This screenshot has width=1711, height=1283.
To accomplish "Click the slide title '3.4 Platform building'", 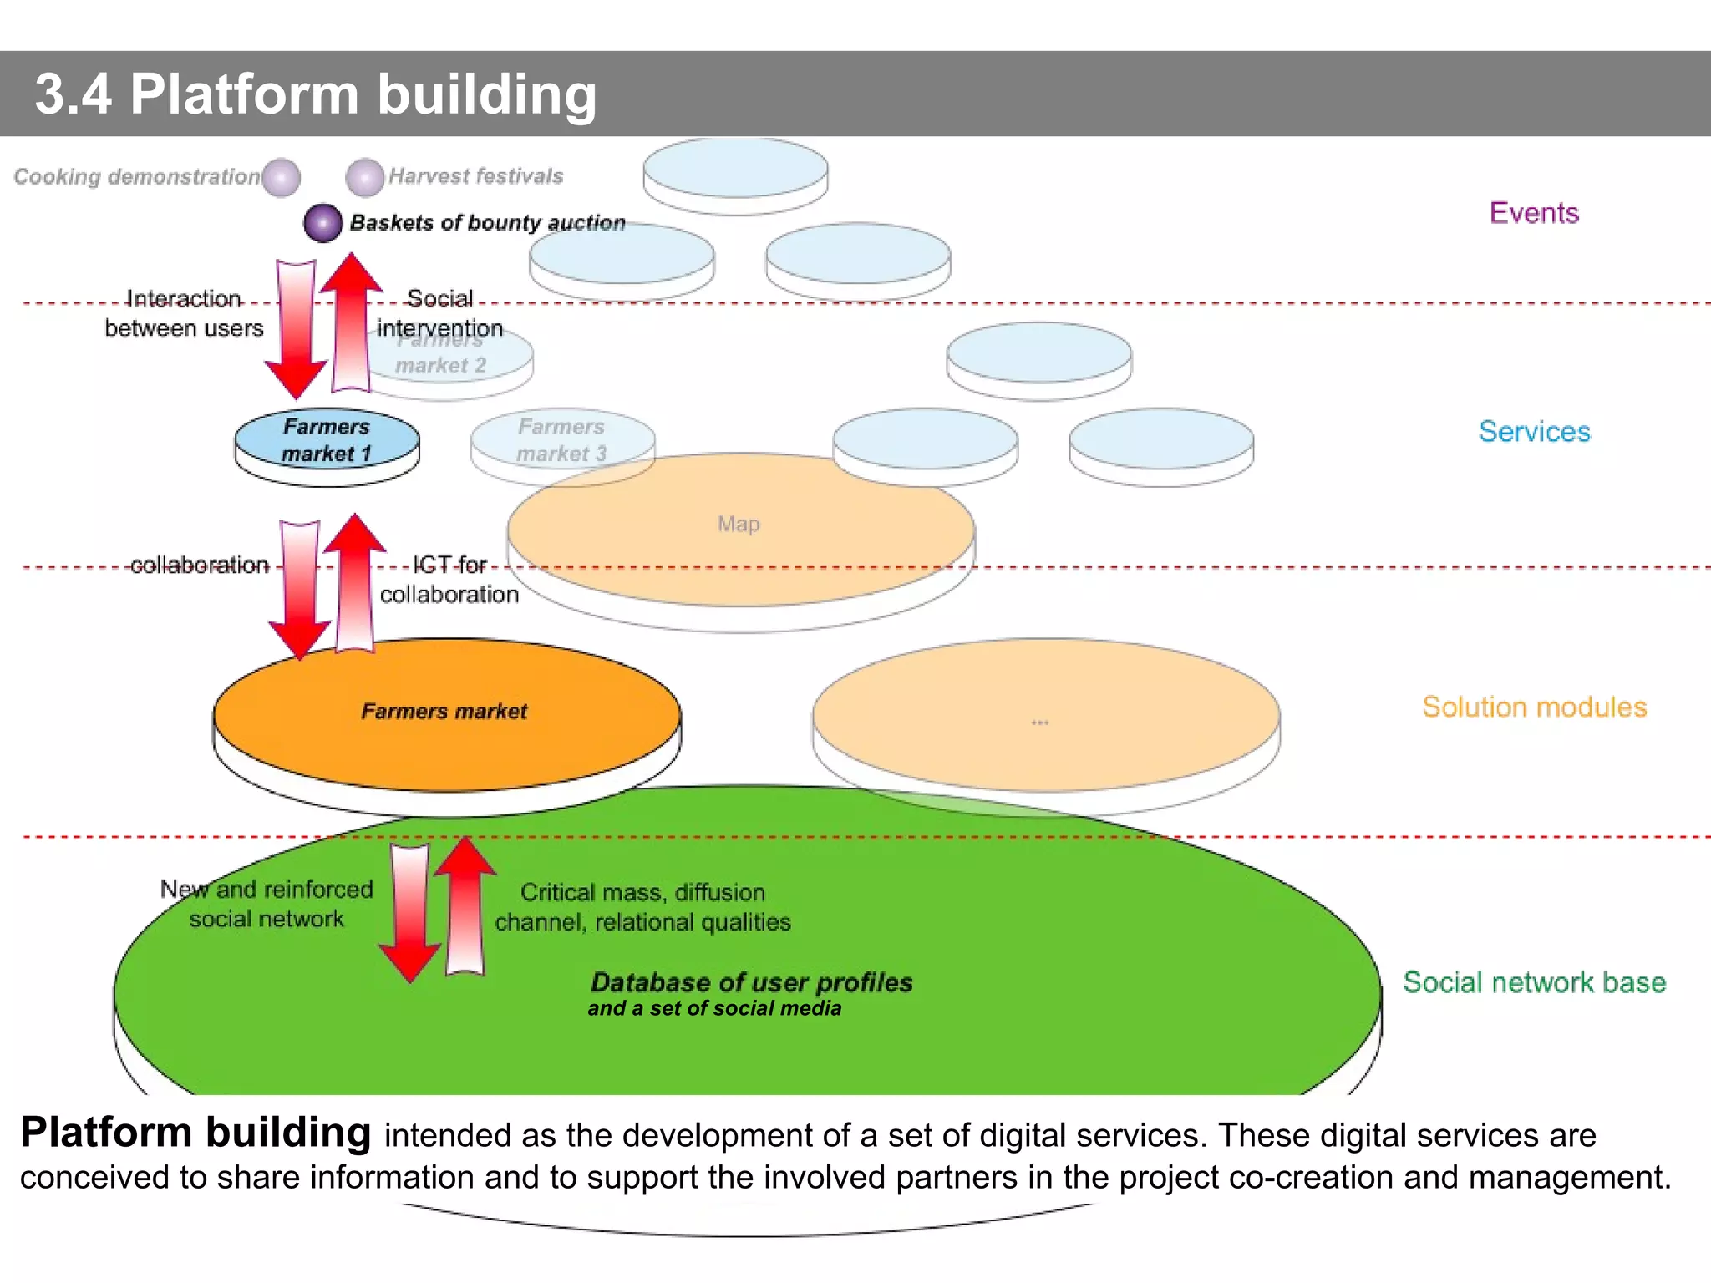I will [x=316, y=94].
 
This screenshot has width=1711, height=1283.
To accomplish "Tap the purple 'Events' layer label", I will [x=1534, y=213].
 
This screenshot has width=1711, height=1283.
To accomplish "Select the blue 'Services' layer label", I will [x=1534, y=432].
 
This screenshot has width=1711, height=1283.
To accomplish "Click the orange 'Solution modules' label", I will [x=1534, y=707].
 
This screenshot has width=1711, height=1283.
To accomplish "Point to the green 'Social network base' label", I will [x=1534, y=982].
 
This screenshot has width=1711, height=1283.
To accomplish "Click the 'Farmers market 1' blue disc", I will [x=327, y=441].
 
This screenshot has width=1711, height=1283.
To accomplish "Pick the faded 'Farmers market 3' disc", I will [x=561, y=441].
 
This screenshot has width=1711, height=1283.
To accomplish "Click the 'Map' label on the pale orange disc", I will [x=739, y=525].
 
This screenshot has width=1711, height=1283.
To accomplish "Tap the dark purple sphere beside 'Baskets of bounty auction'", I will [x=323, y=223].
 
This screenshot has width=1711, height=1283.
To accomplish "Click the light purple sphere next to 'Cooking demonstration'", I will [x=281, y=177].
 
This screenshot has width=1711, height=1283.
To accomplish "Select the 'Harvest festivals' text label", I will [x=475, y=176].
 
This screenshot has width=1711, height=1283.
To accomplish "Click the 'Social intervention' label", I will [x=439, y=313].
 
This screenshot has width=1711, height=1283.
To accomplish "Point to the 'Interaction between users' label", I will [x=184, y=313].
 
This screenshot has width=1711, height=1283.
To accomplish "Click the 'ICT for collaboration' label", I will [x=449, y=580].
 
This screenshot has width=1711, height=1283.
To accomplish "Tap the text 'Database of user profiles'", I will [x=751, y=982].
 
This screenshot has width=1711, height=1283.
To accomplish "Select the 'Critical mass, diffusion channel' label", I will [x=642, y=907].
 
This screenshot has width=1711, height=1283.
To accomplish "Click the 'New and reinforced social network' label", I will [x=267, y=904].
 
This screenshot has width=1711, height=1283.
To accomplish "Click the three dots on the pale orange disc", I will [x=1039, y=723].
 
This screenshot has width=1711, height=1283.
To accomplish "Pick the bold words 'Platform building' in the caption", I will [x=195, y=1133].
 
